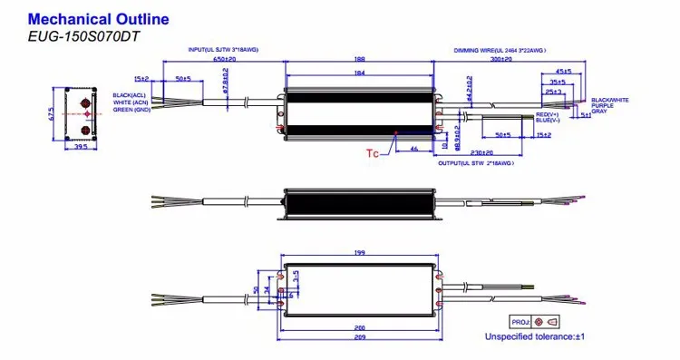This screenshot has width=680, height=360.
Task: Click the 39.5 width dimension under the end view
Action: pyautogui.click(x=81, y=146)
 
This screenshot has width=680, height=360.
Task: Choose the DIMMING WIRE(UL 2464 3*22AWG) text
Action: pyautogui.click(x=500, y=49)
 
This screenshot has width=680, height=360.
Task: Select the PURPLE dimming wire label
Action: pyautogui.click(x=605, y=105)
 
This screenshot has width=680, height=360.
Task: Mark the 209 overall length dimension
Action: pyautogui.click(x=361, y=336)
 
